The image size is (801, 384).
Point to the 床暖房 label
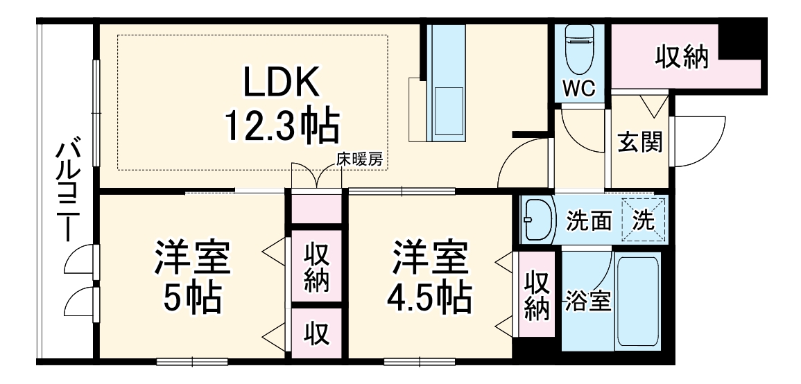pyautogui.click(x=359, y=159)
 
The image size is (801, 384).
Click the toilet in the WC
pyautogui.click(x=578, y=49)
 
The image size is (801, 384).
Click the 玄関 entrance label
pyautogui.click(x=639, y=142)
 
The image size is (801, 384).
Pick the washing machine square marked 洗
pyautogui.click(x=643, y=220)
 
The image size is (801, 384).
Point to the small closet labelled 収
pyautogui.click(x=316, y=333)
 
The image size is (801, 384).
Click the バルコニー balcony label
pyautogui.click(x=67, y=191)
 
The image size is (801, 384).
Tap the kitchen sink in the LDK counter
pyautogui.click(x=448, y=112)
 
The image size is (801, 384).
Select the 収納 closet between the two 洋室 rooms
pyautogui.click(x=316, y=268)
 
